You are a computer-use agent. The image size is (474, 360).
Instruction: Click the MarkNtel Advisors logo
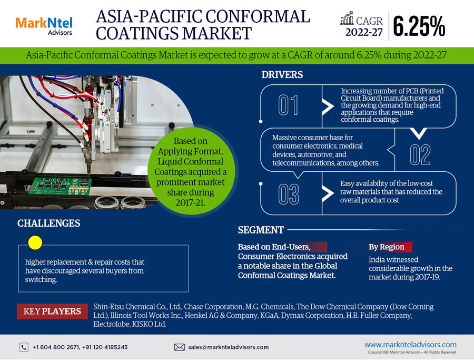44,25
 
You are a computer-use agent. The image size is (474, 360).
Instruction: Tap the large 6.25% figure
419,26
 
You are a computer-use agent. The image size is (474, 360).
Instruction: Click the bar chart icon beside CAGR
347,19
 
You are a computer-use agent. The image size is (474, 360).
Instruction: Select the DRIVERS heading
282,75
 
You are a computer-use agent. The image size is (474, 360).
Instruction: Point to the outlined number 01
288,105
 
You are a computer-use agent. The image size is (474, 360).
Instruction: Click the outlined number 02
420,154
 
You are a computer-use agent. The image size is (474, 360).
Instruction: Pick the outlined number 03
289,193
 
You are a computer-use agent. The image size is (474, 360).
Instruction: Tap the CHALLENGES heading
49,223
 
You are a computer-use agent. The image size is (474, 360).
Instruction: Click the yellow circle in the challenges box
35,242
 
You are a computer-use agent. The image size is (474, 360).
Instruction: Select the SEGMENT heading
261,230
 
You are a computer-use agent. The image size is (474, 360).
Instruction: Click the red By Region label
387,247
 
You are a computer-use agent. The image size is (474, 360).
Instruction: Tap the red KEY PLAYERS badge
52,311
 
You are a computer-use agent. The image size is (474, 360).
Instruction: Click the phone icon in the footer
24,347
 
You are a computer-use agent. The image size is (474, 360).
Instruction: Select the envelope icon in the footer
179,347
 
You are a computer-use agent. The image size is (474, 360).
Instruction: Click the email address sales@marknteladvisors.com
229,347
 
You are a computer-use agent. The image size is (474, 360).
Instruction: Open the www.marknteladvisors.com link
410,344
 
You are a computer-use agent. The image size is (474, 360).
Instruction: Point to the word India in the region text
377,259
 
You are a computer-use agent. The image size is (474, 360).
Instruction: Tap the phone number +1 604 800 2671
57,347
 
